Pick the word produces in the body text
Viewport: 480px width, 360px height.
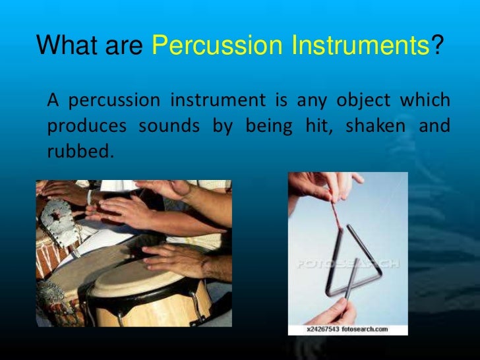pos(86,126)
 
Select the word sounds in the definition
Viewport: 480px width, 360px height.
pos(169,126)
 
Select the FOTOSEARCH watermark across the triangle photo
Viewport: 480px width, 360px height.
pos(347,264)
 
